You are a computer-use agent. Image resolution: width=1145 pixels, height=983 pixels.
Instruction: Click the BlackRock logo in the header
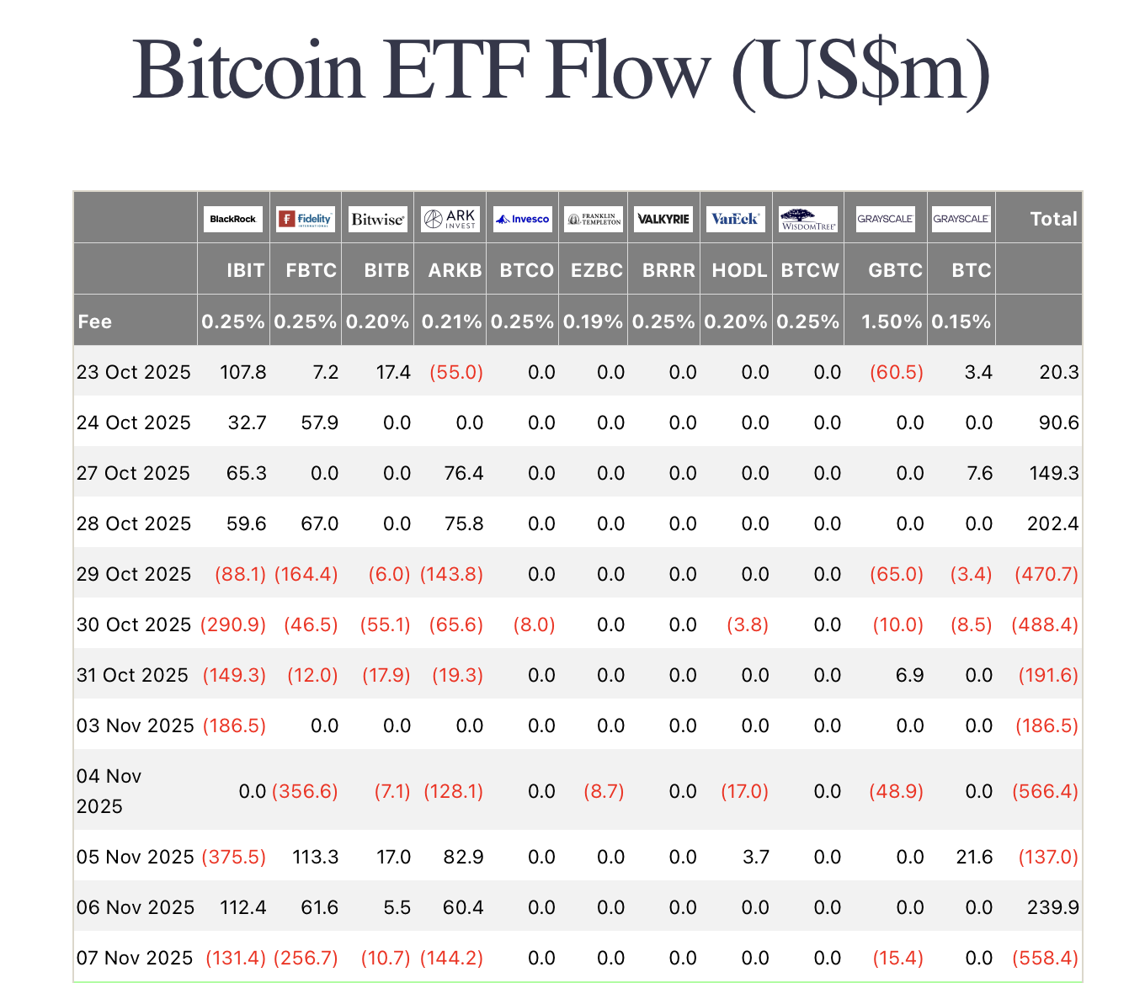click(233, 219)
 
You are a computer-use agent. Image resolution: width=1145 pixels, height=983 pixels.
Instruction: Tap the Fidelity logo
click(306, 219)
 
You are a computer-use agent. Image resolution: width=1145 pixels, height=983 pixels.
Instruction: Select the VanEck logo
click(736, 219)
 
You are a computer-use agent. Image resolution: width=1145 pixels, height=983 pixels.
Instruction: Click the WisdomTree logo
click(808, 219)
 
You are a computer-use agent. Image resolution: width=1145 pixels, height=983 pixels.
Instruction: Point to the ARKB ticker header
click(455, 270)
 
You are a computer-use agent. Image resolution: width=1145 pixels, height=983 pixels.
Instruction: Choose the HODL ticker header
click(739, 270)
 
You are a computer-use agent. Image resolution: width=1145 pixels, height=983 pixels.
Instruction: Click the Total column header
click(1053, 219)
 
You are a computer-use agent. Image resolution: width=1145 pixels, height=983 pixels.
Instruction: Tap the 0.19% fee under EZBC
click(593, 321)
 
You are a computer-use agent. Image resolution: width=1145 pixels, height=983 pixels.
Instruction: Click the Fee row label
click(95, 321)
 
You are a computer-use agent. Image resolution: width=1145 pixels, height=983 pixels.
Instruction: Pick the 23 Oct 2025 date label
click(134, 372)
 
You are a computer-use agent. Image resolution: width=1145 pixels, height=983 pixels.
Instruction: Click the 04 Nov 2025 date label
click(109, 791)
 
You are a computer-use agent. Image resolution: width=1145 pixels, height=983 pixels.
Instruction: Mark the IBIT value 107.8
click(243, 372)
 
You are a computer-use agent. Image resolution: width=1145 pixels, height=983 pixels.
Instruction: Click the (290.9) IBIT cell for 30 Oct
click(233, 624)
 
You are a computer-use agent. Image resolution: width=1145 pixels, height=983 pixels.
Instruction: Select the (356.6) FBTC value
click(305, 791)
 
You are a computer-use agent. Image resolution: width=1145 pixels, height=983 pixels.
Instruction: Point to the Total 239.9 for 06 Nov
click(1052, 907)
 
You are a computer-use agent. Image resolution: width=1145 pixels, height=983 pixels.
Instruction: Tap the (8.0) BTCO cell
click(534, 624)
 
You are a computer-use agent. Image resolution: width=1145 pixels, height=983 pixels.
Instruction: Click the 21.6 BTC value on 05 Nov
click(974, 857)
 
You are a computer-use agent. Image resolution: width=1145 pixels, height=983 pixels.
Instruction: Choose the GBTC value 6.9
click(909, 675)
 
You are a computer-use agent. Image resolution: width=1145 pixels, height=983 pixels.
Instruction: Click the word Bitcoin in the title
click(248, 69)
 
